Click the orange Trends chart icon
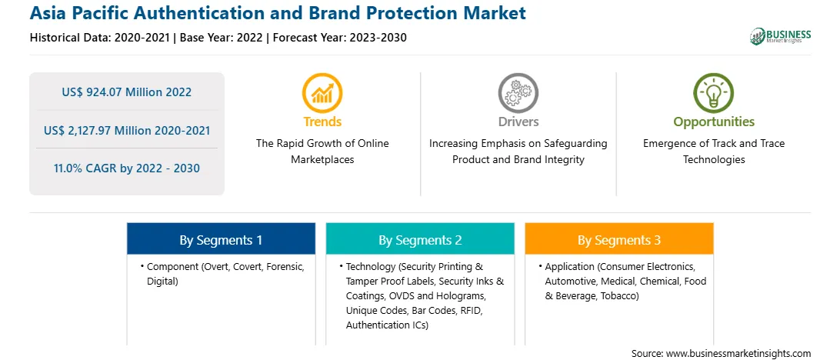click(x=322, y=92)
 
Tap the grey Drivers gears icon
click(x=518, y=92)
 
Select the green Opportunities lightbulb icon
click(x=714, y=92)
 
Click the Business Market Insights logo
click(x=781, y=36)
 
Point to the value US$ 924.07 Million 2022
click(x=126, y=92)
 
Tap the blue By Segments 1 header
click(x=221, y=239)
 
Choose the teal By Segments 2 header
click(x=420, y=239)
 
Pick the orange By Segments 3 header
click(x=619, y=239)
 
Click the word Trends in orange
click(x=322, y=122)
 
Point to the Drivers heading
click(x=518, y=122)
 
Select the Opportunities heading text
click(x=714, y=122)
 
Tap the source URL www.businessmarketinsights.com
click(x=738, y=354)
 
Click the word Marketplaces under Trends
click(x=322, y=160)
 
